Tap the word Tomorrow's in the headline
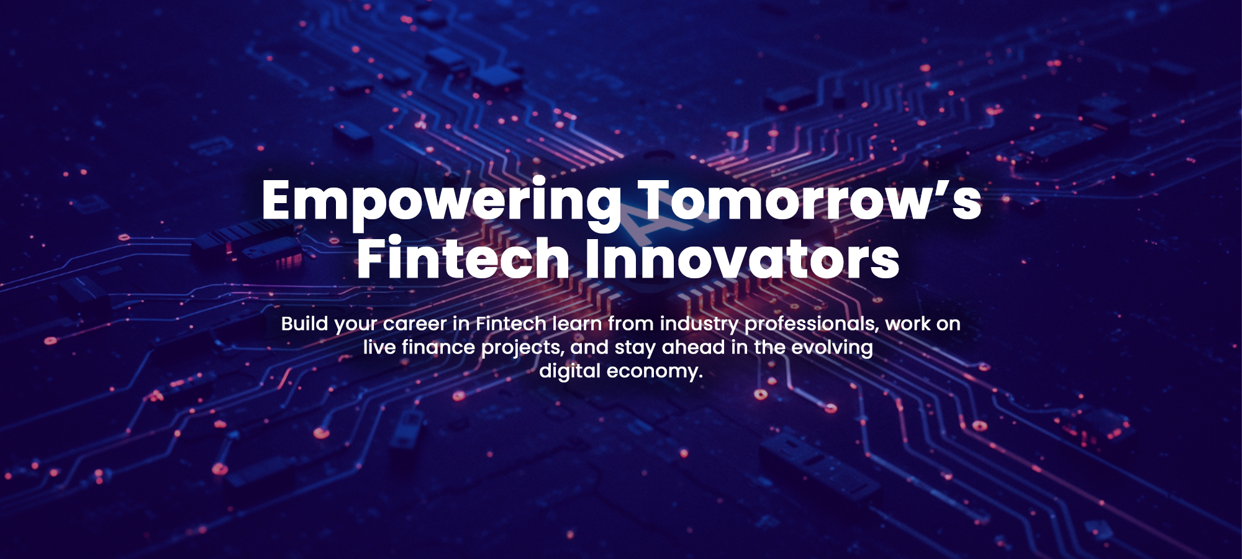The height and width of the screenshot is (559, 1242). coord(810,199)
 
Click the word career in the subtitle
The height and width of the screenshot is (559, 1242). coord(415,324)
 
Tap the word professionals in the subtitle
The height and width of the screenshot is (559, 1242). coord(812,324)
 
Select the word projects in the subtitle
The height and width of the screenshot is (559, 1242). coord(523,348)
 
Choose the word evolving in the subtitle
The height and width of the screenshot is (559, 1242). coord(832,348)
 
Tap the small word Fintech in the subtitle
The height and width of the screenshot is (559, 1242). coord(511,323)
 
